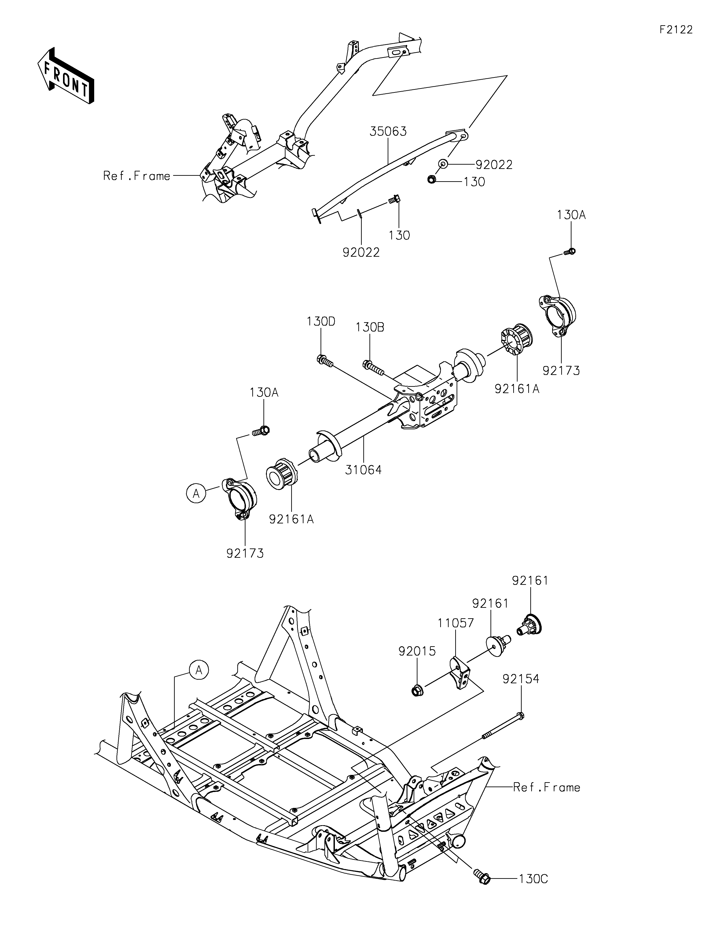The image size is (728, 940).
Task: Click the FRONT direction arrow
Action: [x=66, y=76]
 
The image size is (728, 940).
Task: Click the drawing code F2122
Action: [x=676, y=30]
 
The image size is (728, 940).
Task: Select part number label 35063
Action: [x=388, y=131]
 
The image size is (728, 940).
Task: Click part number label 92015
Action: [x=417, y=651]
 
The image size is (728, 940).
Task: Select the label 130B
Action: [x=370, y=327]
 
